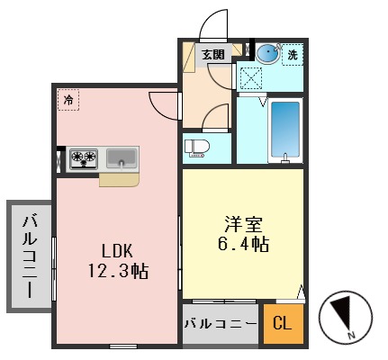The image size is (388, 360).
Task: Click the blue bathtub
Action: pyautogui.click(x=284, y=131)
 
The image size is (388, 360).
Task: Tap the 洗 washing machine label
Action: pyautogui.click(x=292, y=56)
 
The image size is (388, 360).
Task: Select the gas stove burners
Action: pyautogui.click(x=83, y=159)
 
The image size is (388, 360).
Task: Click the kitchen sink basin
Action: pyautogui.click(x=122, y=159)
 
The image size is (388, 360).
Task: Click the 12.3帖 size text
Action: pyautogui.click(x=117, y=271)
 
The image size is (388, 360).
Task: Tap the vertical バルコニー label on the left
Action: pyautogui.click(x=30, y=256)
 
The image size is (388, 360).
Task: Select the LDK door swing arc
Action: pyautogui.click(x=164, y=106)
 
